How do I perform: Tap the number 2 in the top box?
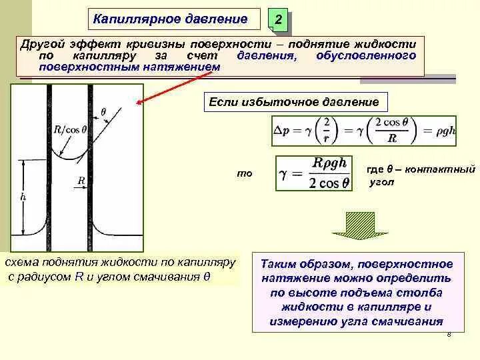tap(278, 23)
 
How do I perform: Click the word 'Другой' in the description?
tap(42, 43)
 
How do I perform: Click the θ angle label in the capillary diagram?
tap(103, 111)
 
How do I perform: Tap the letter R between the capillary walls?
tap(81, 180)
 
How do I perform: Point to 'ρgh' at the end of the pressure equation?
tap(441, 131)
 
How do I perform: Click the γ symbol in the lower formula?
tap(283, 175)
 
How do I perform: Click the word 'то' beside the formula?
tap(245, 173)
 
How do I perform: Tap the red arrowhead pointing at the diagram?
tap(140, 103)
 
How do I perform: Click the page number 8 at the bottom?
tap(449, 335)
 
